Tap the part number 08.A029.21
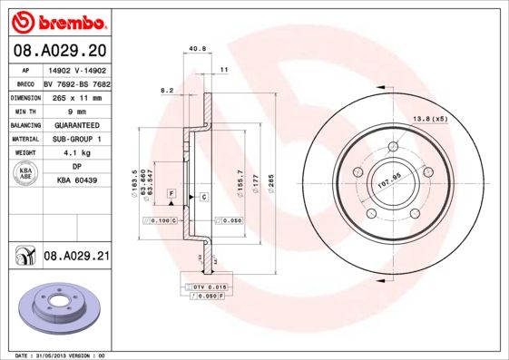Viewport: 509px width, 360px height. tap(76, 258)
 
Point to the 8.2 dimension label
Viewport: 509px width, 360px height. tap(166, 90)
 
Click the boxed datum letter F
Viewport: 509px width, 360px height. tap(171, 194)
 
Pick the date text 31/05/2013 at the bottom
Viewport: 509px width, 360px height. tap(64, 355)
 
